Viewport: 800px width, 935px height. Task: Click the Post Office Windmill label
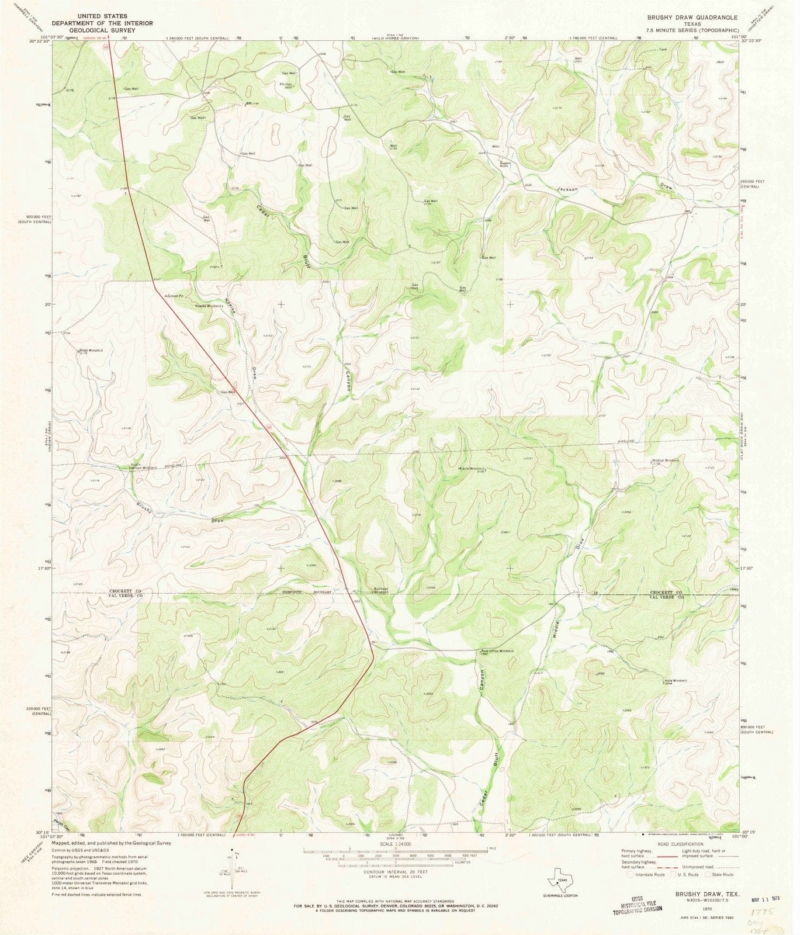point(497,651)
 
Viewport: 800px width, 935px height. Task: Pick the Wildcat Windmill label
point(666,460)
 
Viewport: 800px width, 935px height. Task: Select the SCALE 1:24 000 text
point(395,844)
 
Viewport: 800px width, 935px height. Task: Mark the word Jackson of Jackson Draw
point(567,190)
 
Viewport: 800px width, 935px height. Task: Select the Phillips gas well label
point(286,85)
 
